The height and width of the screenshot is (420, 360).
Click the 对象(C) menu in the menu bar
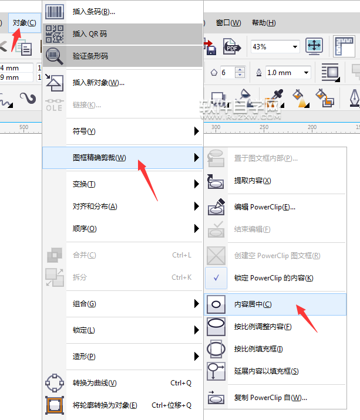click(x=24, y=23)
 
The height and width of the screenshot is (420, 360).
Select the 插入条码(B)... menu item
click(x=94, y=11)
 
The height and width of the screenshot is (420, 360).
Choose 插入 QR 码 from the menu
click(x=89, y=33)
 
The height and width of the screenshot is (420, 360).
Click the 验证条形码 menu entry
click(x=90, y=56)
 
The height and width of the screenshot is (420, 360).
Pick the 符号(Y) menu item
click(x=83, y=131)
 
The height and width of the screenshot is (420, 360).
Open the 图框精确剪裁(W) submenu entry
click(x=99, y=157)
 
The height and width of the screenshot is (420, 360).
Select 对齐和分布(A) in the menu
click(x=95, y=206)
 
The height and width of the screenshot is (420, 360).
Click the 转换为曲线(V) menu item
click(x=94, y=383)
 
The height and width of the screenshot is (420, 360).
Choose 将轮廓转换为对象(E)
click(x=105, y=405)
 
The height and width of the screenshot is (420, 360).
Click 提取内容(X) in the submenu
click(x=253, y=180)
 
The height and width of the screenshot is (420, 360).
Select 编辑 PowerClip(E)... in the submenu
click(x=264, y=207)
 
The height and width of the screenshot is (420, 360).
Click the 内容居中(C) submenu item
click(x=253, y=304)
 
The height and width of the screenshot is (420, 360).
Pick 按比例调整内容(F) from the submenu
click(x=263, y=326)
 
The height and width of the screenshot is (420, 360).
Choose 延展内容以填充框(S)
click(x=266, y=371)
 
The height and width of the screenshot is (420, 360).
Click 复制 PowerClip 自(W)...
click(x=270, y=398)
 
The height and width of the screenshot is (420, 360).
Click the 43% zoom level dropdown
click(x=275, y=46)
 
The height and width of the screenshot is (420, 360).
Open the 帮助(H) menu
click(x=263, y=23)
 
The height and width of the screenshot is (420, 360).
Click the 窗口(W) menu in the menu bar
click(x=228, y=23)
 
